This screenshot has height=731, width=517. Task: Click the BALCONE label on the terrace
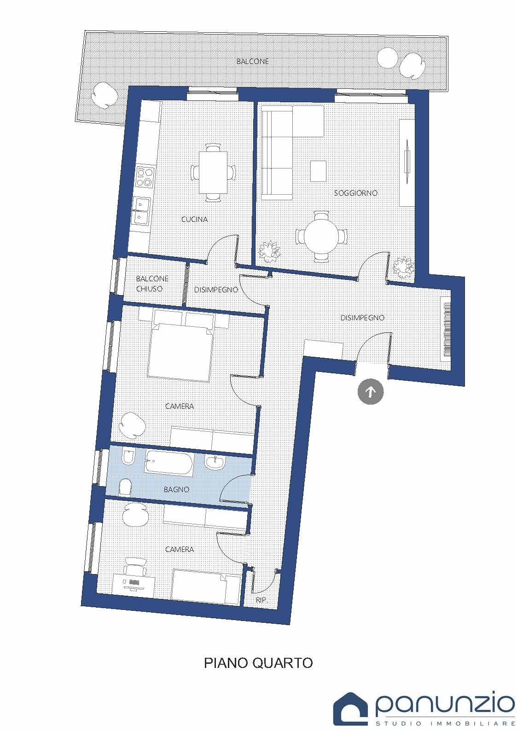tap(253, 61)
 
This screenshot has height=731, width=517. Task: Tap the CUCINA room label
tap(195, 219)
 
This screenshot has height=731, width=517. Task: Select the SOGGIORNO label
tap(356, 193)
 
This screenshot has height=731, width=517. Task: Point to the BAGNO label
tap(177, 489)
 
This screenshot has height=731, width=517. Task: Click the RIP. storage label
tap(262, 600)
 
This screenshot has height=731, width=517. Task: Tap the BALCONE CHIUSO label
tap(152, 284)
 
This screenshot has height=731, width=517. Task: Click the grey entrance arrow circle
tap(371, 391)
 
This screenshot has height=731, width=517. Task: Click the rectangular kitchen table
tap(213, 173)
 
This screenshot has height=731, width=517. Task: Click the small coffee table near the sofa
tap(318, 171)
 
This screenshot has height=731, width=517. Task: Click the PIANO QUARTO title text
tap(258, 662)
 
